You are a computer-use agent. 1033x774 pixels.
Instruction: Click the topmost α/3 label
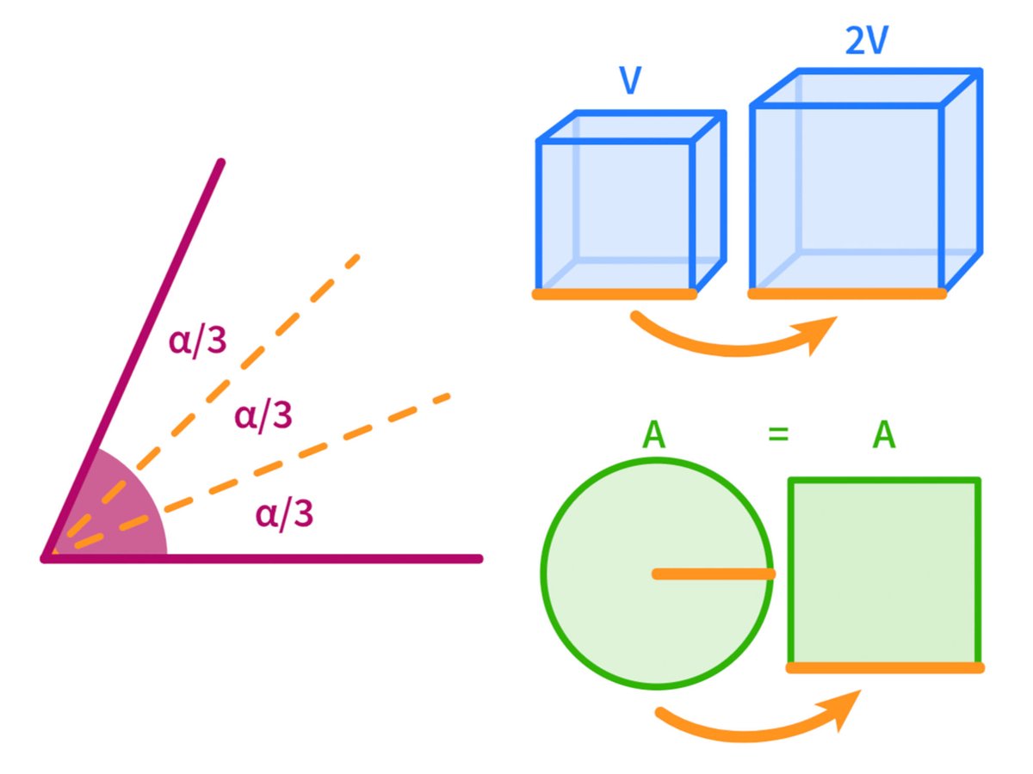pos(198,341)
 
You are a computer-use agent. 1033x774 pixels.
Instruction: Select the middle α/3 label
pos(263,416)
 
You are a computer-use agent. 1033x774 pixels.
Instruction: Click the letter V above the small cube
pos(629,83)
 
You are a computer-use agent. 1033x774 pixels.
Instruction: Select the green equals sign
pos(778,435)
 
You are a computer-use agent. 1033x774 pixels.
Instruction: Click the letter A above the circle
pos(654,435)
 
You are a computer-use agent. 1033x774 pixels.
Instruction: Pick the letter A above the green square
pos(883,435)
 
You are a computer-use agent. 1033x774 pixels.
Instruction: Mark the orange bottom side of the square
pos(884,667)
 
